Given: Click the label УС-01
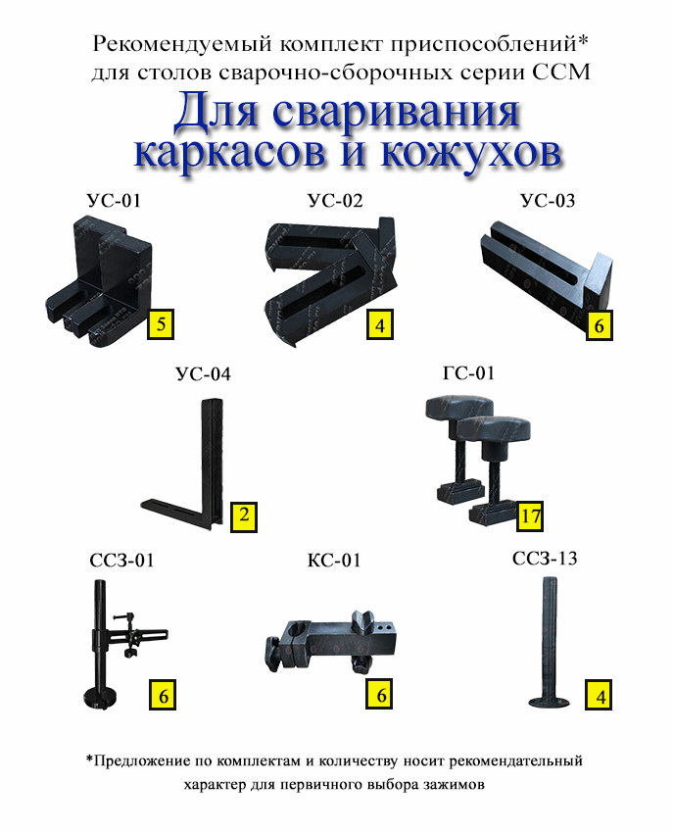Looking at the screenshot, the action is coord(114,201).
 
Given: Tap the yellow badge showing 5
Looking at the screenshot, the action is coord(161,324).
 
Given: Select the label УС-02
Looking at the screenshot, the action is coord(335,201).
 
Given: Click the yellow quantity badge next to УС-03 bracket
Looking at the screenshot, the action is coord(600,325).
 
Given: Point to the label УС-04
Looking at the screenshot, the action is coord(204,374).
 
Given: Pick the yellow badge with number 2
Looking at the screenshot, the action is coord(244,516).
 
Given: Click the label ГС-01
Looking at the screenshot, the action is coord(468,373).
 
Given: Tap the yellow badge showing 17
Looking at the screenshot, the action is coord(530,516).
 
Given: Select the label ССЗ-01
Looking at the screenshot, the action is coord(121,560).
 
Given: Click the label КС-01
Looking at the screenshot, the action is coord(334,560).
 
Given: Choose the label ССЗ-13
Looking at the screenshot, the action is coord(545,559).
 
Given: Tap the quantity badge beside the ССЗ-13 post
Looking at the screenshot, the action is coord(599,695).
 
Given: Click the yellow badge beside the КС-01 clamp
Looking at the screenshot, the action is coord(379,694).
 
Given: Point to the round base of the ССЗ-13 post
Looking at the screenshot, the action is coord(550,703).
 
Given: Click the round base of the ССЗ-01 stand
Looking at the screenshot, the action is coord(102,696).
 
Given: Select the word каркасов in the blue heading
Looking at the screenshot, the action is coord(229,153).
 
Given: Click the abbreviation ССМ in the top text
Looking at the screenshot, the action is coord(561,72).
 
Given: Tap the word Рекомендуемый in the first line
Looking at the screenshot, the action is coord(183,44).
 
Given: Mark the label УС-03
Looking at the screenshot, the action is coord(548,200).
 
